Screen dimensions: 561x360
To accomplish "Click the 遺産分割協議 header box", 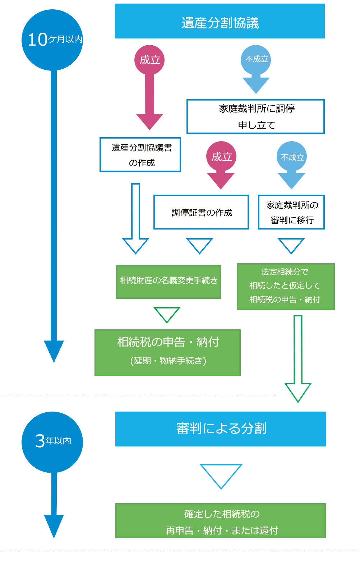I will click(x=220, y=21).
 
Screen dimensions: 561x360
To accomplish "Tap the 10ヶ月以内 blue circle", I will click(x=52, y=40).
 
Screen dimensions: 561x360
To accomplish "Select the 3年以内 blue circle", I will click(x=52, y=441).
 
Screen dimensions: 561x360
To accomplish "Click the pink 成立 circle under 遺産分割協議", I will click(x=149, y=60).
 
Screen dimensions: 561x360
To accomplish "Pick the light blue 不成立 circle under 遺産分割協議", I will click(x=256, y=59).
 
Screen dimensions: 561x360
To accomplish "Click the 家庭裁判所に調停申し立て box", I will click(x=255, y=116).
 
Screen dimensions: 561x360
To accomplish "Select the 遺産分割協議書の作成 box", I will click(x=140, y=154).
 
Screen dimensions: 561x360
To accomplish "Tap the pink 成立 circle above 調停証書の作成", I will click(x=221, y=157).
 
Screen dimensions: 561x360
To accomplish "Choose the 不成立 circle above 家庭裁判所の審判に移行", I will click(x=292, y=157).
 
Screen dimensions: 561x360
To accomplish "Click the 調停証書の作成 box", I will click(x=201, y=212).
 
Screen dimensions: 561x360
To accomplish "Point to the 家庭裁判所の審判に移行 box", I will click(x=291, y=212).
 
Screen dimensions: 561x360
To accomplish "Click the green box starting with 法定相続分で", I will click(x=286, y=286).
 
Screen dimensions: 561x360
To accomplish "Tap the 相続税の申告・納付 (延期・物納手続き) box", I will click(x=167, y=352).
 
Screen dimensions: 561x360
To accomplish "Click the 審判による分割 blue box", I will click(x=220, y=429).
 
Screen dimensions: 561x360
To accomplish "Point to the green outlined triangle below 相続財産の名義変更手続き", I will click(x=167, y=314).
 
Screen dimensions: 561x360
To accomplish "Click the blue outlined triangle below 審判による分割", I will click(x=221, y=474).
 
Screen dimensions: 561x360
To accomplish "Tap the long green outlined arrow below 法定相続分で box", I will click(x=298, y=359).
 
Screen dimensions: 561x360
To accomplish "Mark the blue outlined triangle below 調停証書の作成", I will click(x=200, y=245).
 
